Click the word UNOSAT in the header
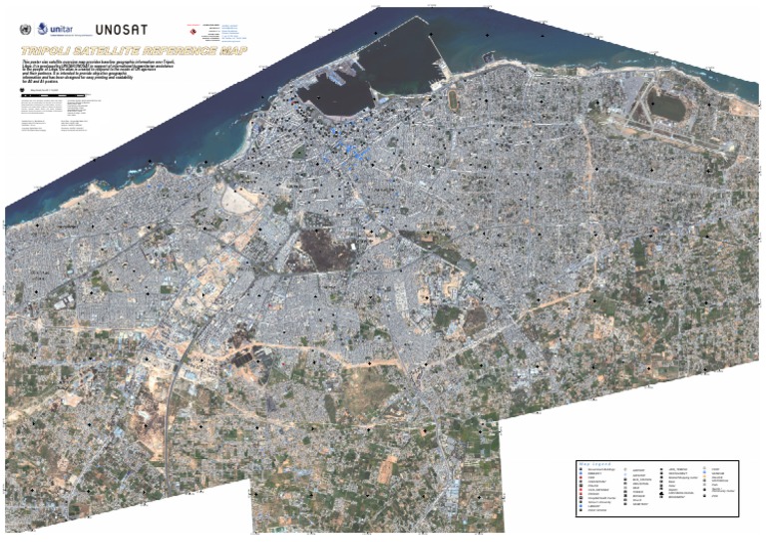120,30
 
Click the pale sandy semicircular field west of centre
240,200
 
